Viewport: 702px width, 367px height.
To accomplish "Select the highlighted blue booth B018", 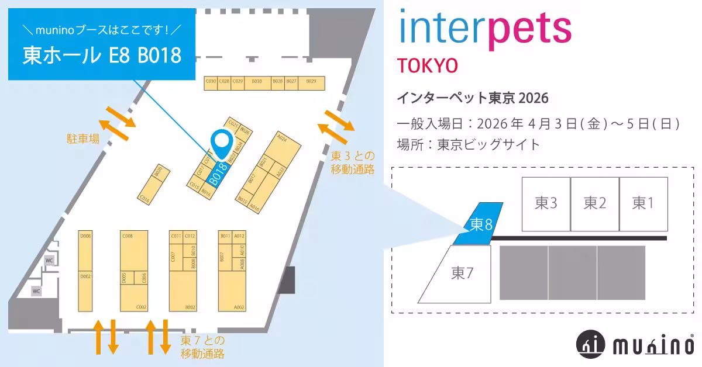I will pyautogui.click(x=218, y=173).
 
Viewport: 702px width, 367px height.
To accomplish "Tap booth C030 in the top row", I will pyautogui.click(x=211, y=82).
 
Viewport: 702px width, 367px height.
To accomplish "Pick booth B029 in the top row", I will pyautogui.click(x=311, y=82).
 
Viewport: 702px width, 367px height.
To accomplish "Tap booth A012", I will pyautogui.click(x=239, y=236).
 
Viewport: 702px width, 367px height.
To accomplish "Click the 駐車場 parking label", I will pyautogui.click(x=82, y=139).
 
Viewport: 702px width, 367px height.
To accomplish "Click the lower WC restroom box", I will pyautogui.click(x=36, y=290).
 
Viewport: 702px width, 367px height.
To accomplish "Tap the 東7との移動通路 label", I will pyautogui.click(x=202, y=347).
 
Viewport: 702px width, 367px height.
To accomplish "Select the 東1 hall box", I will pyautogui.click(x=643, y=203).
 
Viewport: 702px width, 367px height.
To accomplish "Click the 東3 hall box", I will pyautogui.click(x=545, y=203).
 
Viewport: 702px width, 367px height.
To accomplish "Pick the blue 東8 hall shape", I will pyautogui.click(x=480, y=223).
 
